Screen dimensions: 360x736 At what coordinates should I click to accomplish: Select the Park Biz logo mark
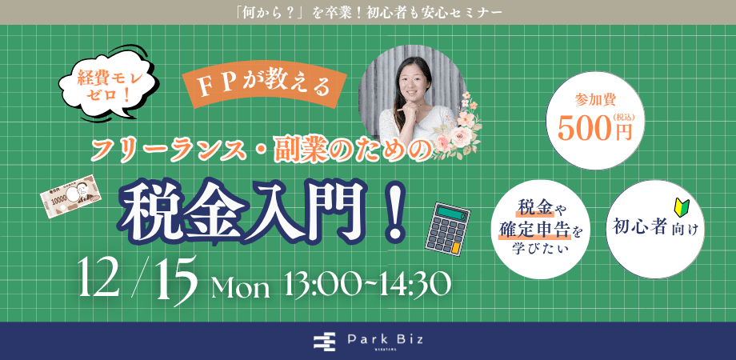[x=322, y=342]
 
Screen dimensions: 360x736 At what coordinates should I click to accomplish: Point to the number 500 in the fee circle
[x=588, y=129]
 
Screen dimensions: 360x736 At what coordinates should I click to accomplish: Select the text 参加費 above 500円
[x=593, y=102]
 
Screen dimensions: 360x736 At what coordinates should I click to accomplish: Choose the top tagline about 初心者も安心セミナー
[x=369, y=12]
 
